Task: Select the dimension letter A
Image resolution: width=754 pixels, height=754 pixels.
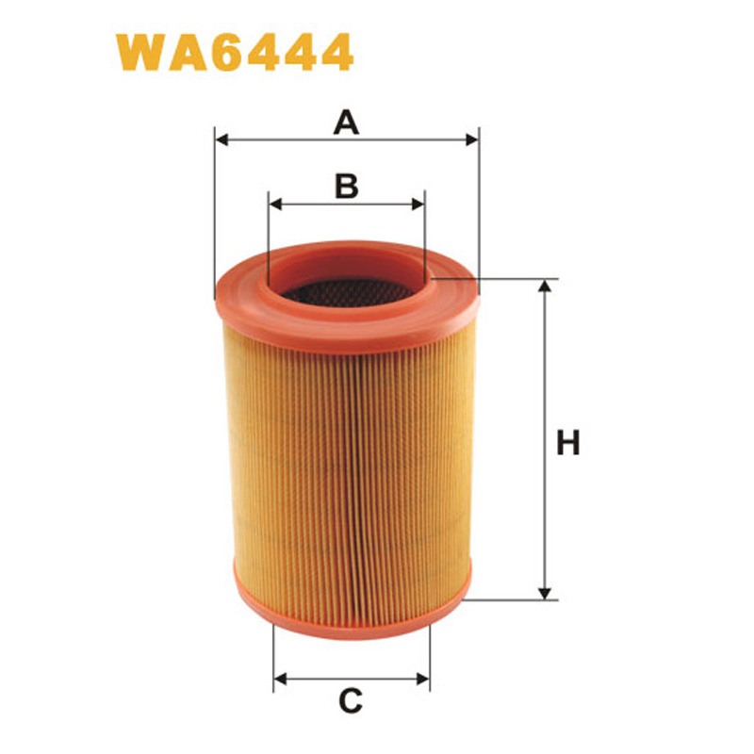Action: (x=348, y=122)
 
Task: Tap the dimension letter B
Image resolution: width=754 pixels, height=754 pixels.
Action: (x=347, y=186)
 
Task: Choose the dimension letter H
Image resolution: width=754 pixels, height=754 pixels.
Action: (x=567, y=442)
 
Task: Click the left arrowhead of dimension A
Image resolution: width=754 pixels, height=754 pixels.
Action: (x=222, y=139)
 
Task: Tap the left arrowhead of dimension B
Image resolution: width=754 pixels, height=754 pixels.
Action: (x=275, y=203)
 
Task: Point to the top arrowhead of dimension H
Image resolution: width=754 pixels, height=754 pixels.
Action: (x=544, y=287)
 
